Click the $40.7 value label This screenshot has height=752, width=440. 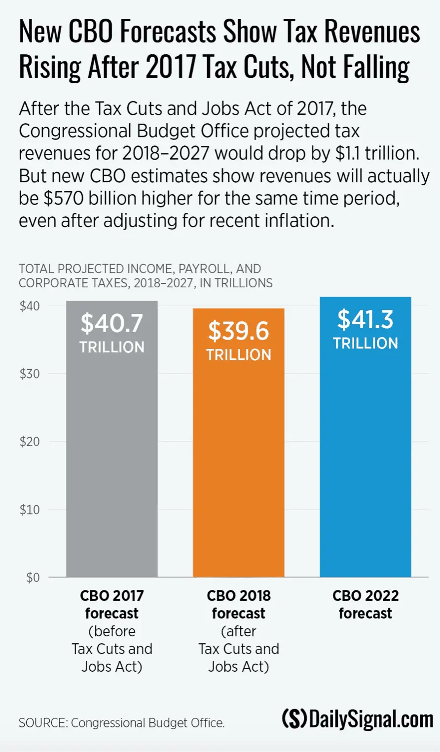(112, 323)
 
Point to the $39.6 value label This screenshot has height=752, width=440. (239, 331)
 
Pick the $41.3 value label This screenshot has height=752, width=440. (365, 320)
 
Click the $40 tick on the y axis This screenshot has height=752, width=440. (30, 306)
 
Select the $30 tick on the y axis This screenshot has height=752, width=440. (30, 374)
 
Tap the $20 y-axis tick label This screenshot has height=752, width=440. (30, 442)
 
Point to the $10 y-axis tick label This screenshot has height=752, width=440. (30, 510)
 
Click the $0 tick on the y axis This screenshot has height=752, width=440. (33, 577)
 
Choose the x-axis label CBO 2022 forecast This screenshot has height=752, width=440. (365, 605)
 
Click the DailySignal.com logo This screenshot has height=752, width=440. (357, 720)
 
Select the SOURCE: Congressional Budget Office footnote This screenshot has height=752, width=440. (122, 723)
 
